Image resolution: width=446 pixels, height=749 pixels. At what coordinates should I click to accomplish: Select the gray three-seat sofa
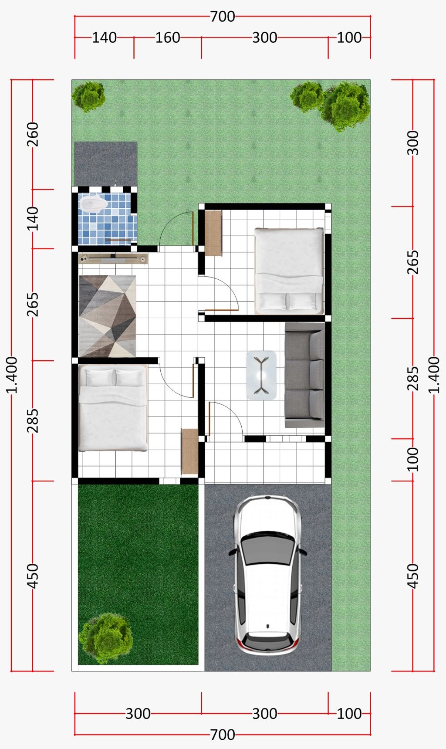pos(304,375)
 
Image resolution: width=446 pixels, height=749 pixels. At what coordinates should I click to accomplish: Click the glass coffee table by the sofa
pos(261,375)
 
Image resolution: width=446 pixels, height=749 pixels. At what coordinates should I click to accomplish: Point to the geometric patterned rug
pos(107,316)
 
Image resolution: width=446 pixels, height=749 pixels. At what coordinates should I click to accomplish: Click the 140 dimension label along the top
pos(104,38)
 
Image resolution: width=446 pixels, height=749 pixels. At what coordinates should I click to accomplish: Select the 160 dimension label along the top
pos(168,38)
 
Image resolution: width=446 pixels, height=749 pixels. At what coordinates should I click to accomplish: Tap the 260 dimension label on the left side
pos(33,134)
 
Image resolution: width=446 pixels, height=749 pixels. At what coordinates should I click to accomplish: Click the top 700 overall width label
pos(223,17)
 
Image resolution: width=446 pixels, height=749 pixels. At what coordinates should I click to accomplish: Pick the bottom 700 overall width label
pos(223,735)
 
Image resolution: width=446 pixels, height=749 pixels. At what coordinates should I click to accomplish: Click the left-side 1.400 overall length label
pos(12,375)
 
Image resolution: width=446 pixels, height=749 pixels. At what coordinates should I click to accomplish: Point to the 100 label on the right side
pos(412,459)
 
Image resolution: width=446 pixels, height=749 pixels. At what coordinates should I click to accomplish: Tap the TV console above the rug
pos(113,259)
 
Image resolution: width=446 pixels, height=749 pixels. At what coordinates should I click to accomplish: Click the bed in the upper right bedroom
pos(289,271)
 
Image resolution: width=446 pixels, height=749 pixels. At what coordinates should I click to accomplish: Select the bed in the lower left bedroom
pos(113,408)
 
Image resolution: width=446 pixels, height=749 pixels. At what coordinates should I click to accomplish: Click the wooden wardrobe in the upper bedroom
pos(213,233)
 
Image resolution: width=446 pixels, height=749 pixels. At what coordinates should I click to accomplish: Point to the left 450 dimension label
pos(33,576)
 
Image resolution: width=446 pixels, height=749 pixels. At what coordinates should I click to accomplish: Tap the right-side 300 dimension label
pos(412,142)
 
